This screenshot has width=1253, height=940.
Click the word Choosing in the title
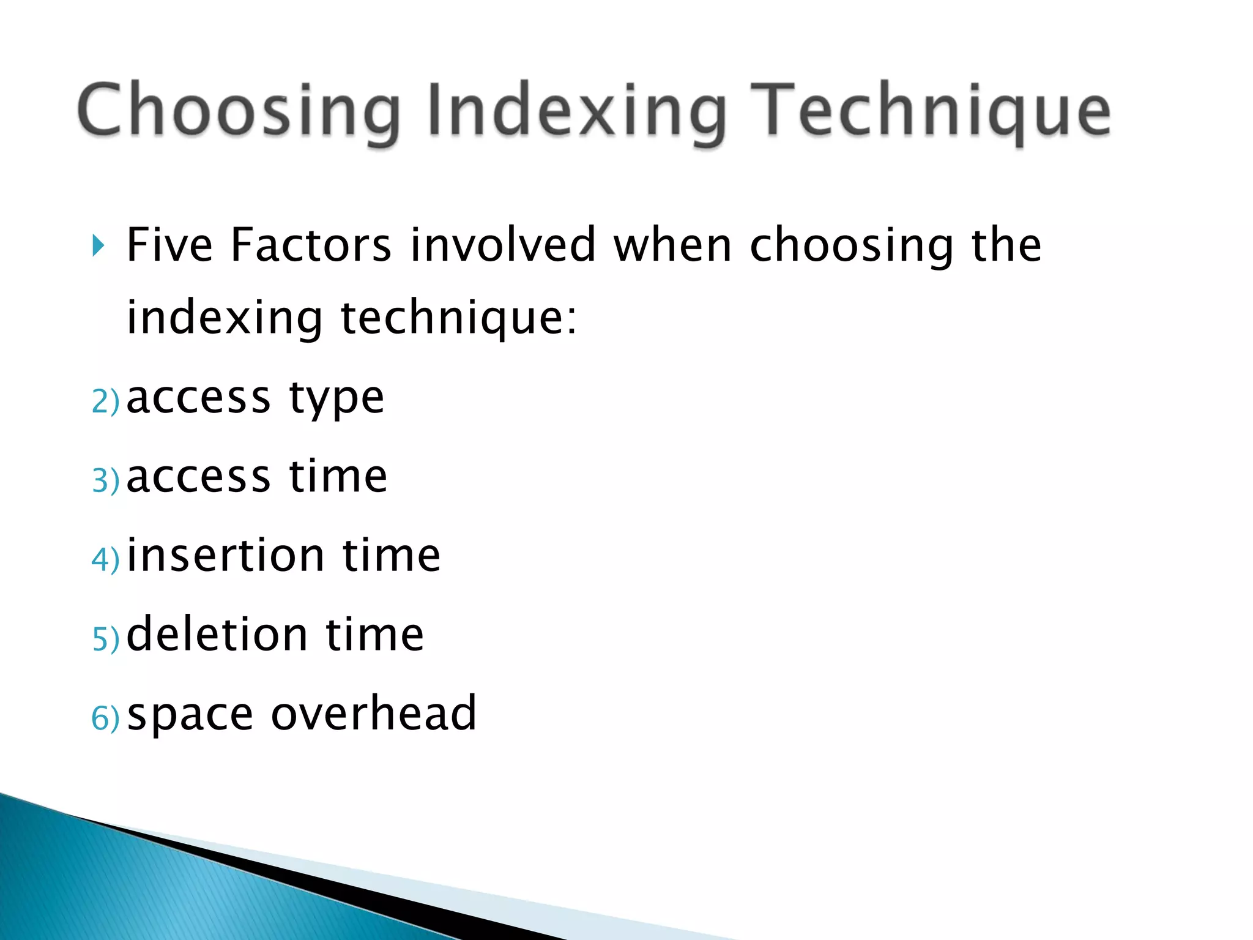[x=239, y=111]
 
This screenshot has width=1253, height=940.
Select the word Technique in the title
[x=930, y=111]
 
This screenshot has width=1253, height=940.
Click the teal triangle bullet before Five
[x=98, y=246]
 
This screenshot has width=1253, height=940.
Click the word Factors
[x=311, y=245]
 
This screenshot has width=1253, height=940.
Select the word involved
[x=502, y=245]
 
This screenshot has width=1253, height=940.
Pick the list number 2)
[x=105, y=402]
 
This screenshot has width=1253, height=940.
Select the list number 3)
[x=105, y=480]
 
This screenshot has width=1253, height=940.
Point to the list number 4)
[x=105, y=560]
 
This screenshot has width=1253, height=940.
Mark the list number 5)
[x=105, y=639]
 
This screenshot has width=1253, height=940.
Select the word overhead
[x=373, y=713]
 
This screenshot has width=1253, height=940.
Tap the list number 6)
[x=105, y=718]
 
